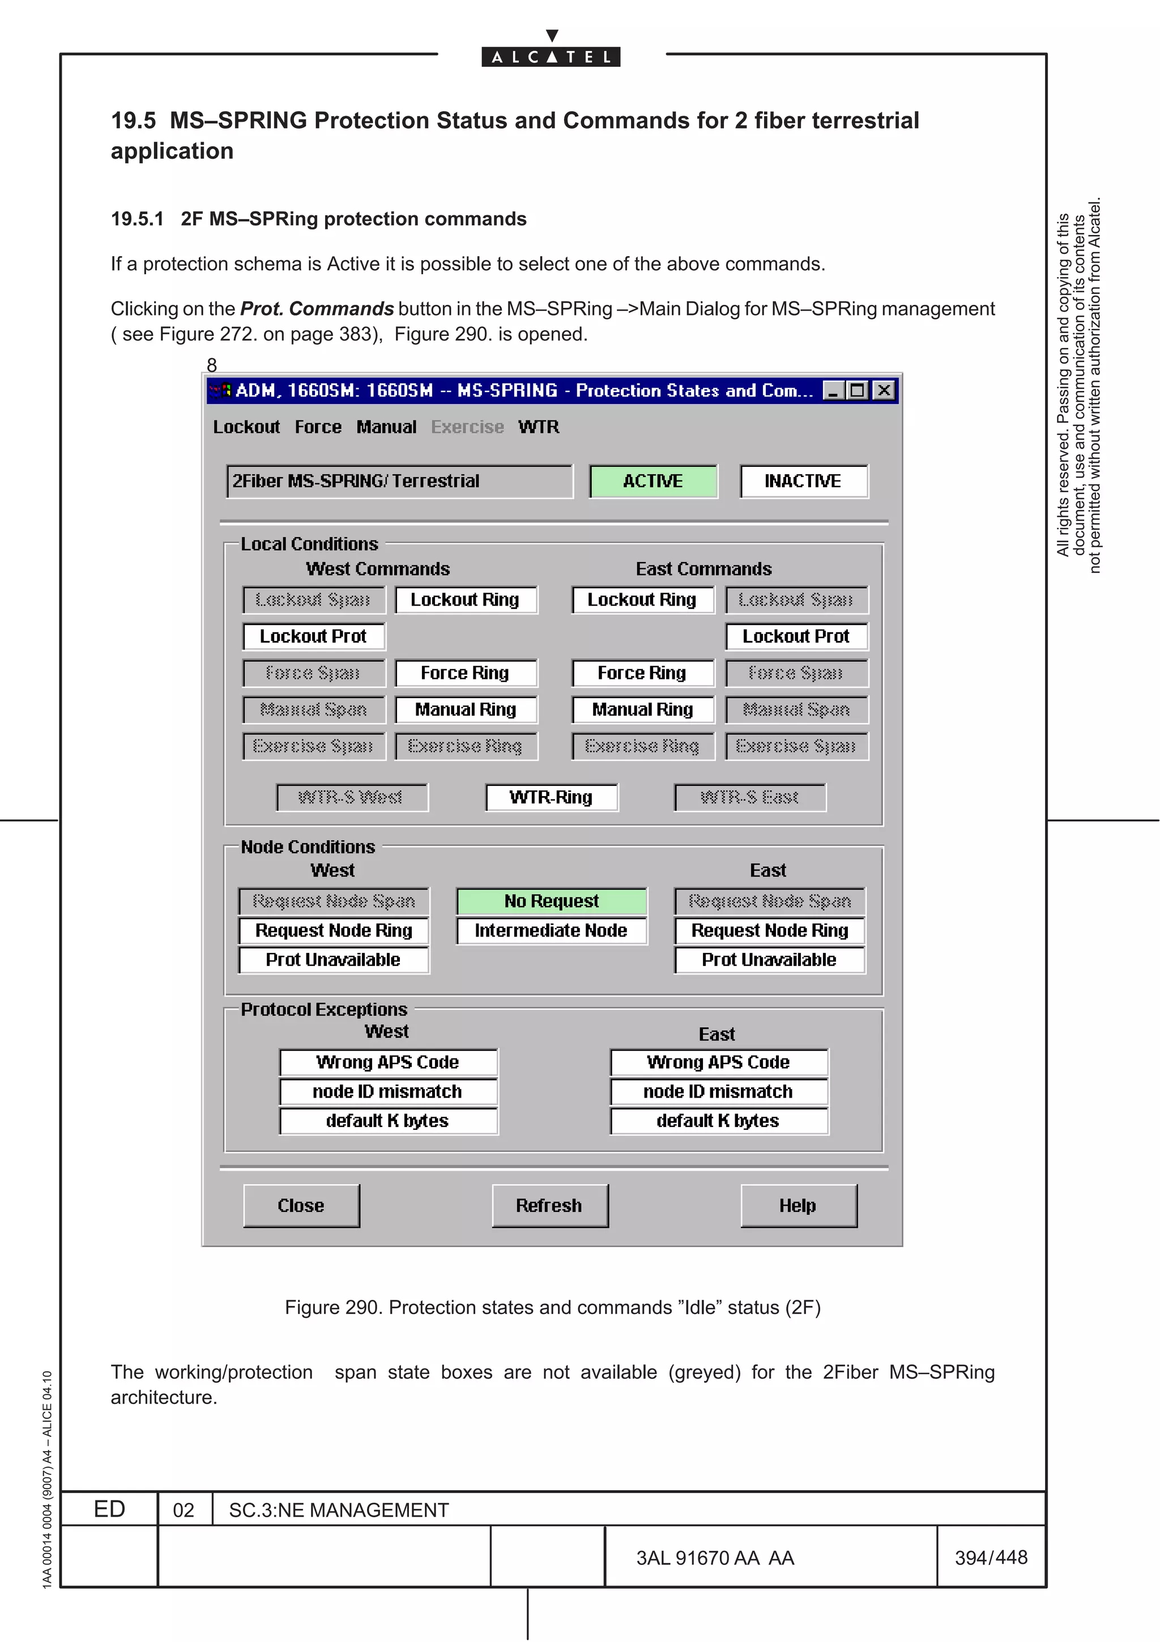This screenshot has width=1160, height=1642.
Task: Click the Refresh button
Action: pos(549,1206)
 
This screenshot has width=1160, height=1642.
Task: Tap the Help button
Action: pos(797,1206)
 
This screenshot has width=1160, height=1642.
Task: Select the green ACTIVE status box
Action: pos(652,481)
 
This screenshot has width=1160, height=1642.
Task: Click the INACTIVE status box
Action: pos(803,481)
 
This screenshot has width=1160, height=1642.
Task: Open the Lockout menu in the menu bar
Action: pos(246,427)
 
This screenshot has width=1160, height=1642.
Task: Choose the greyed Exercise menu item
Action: pos(467,427)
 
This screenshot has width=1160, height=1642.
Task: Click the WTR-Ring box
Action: pos(551,797)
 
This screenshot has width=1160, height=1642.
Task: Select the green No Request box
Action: pos(551,901)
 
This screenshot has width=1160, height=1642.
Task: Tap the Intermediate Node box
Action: pos(551,930)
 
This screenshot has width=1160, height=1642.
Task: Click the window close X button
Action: pos(884,390)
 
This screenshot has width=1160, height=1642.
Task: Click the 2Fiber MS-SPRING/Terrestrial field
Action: pos(399,481)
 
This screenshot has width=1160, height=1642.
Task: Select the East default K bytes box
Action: pos(718,1121)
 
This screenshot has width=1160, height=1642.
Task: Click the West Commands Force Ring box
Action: pos(465,673)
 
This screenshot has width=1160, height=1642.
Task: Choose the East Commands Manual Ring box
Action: pos(642,709)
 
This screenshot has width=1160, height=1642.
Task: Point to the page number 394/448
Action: pos(991,1558)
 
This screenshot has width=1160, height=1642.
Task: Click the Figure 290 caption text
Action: pos(552,1307)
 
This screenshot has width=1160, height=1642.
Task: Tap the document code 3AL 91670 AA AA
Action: pos(715,1558)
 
